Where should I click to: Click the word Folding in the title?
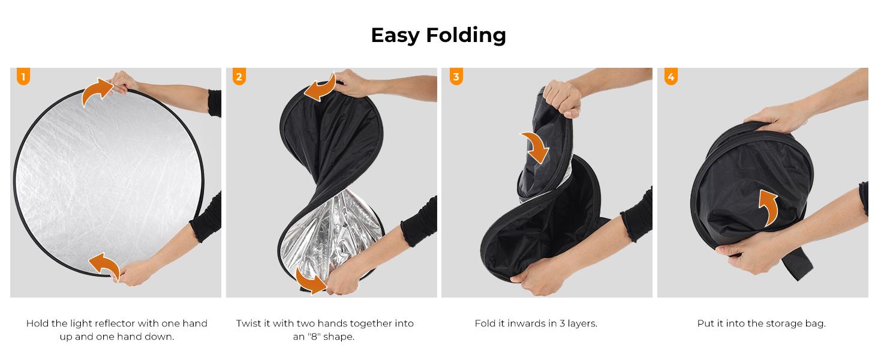pos(466,35)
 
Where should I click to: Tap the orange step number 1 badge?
pos(23,77)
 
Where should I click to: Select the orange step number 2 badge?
pos(239,77)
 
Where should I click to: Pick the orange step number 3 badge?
pos(456,77)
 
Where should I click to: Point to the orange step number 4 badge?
pos(671,77)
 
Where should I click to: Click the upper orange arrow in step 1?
pos(96,93)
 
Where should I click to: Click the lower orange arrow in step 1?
pos(104,264)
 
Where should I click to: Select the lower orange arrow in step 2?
pos(312,283)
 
